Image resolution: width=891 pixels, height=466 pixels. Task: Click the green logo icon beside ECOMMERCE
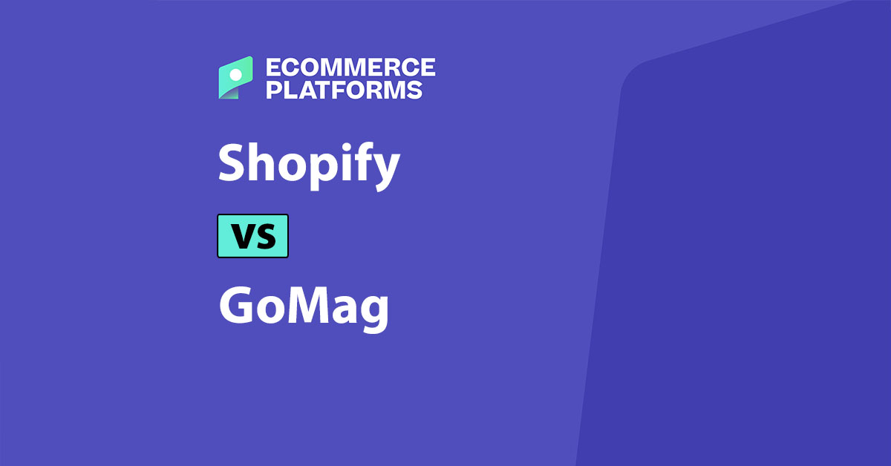pyautogui.click(x=236, y=78)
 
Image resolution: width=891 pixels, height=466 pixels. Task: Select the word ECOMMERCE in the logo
pyautogui.click(x=350, y=68)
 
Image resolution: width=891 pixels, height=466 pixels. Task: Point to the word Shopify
pyautogui.click(x=309, y=164)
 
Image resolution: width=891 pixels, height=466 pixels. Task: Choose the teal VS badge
pyautogui.click(x=252, y=236)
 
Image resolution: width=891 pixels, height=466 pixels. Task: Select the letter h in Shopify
pyautogui.click(x=260, y=163)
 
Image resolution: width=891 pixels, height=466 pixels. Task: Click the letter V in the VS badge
pyautogui.click(x=242, y=236)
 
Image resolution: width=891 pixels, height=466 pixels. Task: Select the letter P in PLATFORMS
pyautogui.click(x=273, y=91)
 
